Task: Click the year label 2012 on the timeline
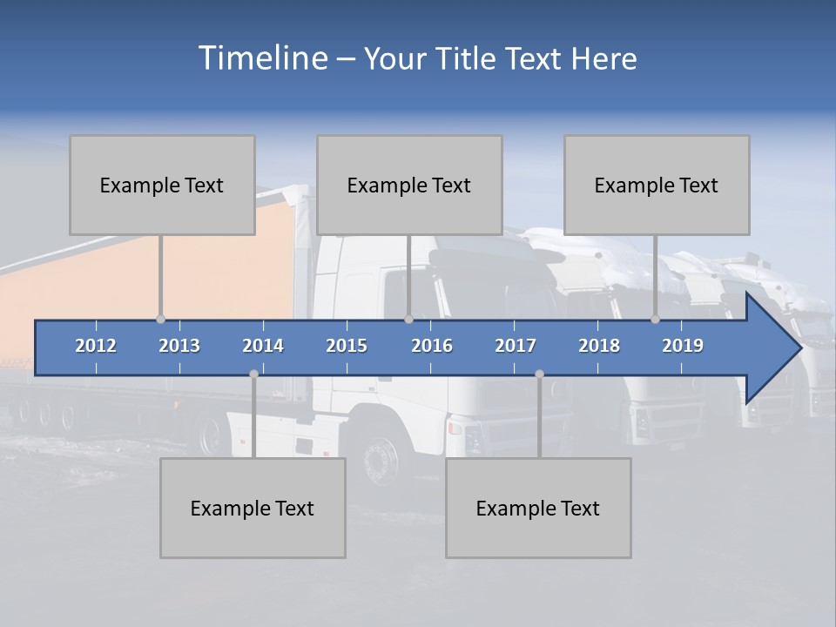pyautogui.click(x=96, y=346)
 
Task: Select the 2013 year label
pyautogui.click(x=179, y=346)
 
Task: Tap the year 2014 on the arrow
pyautogui.click(x=263, y=346)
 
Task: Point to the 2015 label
pyautogui.click(x=347, y=346)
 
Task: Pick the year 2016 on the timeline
pyautogui.click(x=432, y=346)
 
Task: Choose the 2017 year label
pyautogui.click(x=516, y=346)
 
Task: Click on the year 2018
pyautogui.click(x=599, y=346)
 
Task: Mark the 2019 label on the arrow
pyautogui.click(x=683, y=346)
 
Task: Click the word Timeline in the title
pyautogui.click(x=262, y=58)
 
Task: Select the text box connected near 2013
pyautogui.click(x=162, y=185)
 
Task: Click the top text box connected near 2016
pyautogui.click(x=409, y=185)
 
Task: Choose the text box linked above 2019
pyautogui.click(x=657, y=185)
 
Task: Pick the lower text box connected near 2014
pyautogui.click(x=253, y=508)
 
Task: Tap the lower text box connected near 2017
pyautogui.click(x=538, y=508)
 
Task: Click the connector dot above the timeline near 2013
pyautogui.click(x=160, y=320)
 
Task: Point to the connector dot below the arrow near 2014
pyautogui.click(x=253, y=374)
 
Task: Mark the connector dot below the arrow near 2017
pyautogui.click(x=539, y=374)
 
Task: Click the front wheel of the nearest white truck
pyautogui.click(x=381, y=456)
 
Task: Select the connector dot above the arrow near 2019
pyautogui.click(x=656, y=320)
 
